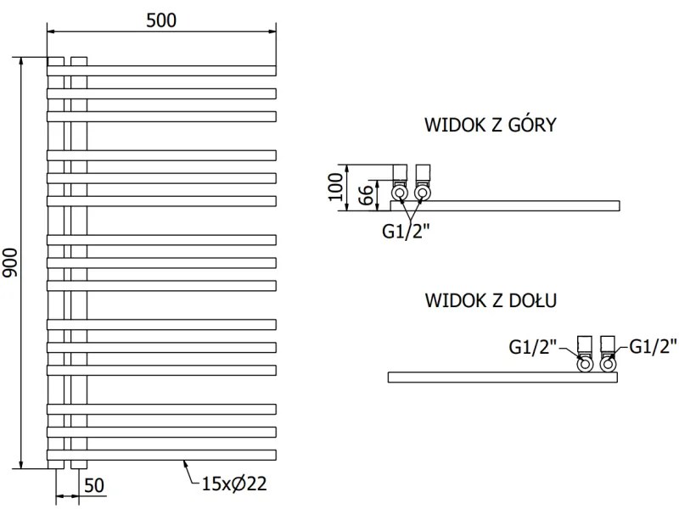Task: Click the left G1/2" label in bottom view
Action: coord(533,346)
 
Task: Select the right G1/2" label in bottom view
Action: coord(654,346)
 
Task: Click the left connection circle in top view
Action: coord(400,193)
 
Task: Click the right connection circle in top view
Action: coord(422,193)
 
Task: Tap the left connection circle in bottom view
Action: coord(585,365)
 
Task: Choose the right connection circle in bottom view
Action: coord(608,365)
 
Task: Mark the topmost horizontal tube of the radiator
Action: coord(161,70)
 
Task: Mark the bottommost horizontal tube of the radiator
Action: coord(161,454)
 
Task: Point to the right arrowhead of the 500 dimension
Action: coord(272,32)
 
